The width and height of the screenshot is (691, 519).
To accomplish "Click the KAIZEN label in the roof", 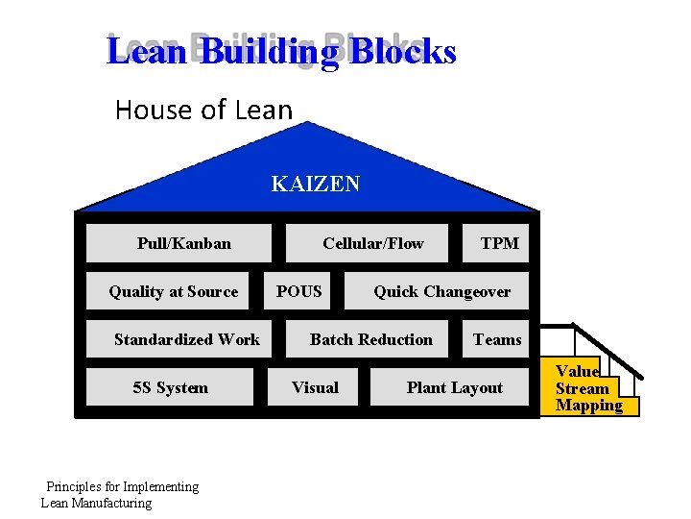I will click(x=316, y=184).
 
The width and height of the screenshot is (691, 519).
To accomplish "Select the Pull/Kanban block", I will click(x=184, y=243).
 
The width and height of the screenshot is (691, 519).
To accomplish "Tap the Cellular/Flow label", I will click(x=372, y=243).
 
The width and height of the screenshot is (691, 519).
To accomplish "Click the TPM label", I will click(x=499, y=243).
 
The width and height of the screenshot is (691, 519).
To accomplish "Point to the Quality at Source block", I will click(x=174, y=291).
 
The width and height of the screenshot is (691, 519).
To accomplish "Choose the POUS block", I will click(x=299, y=291).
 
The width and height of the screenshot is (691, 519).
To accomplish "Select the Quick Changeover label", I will click(x=441, y=291).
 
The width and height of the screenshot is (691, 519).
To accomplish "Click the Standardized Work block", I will click(x=186, y=339).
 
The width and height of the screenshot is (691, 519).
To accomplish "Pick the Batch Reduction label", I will click(x=370, y=339).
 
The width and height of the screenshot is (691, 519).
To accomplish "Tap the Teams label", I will click(x=497, y=339).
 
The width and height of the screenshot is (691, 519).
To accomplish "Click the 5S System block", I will click(x=170, y=387).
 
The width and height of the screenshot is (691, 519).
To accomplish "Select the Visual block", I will click(x=315, y=387).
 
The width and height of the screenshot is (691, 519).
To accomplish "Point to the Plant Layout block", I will click(x=454, y=387).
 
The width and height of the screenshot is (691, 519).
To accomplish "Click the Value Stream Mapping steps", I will click(x=587, y=388).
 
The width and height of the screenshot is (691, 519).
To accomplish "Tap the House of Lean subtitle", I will click(x=203, y=110).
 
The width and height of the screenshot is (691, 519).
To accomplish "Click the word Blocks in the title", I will click(x=402, y=51).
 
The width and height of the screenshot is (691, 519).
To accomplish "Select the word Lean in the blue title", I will click(x=146, y=51).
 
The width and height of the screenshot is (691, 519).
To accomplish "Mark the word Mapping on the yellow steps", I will click(x=588, y=406).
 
